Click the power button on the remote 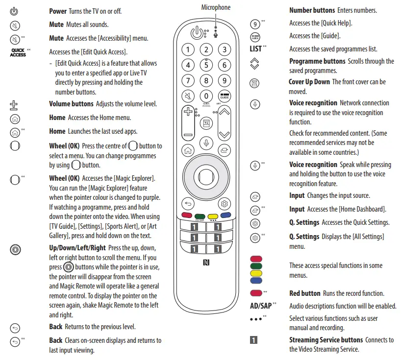[195, 34]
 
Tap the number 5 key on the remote [206, 65]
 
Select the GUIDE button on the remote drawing [224, 96]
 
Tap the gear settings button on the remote [225, 204]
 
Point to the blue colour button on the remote [225, 215]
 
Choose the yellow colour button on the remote [213, 215]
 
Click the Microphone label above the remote [216, 7]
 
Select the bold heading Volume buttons [71, 104]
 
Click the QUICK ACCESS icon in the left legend [18, 52]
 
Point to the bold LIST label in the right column [255, 49]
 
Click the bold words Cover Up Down [309, 82]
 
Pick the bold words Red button [304, 293]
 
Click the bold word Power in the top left [58, 11]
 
